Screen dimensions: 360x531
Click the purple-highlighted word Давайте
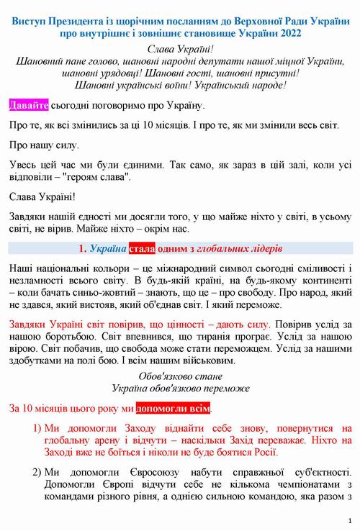tap(28, 106)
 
